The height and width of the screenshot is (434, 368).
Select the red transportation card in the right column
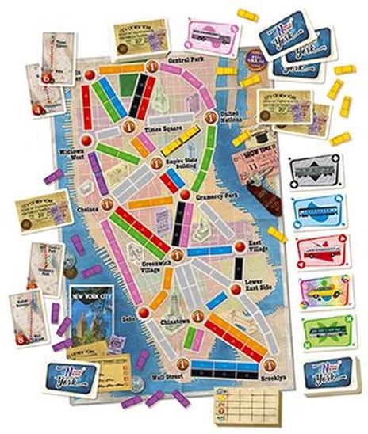[320, 247]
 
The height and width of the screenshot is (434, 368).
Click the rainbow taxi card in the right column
[320, 289]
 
